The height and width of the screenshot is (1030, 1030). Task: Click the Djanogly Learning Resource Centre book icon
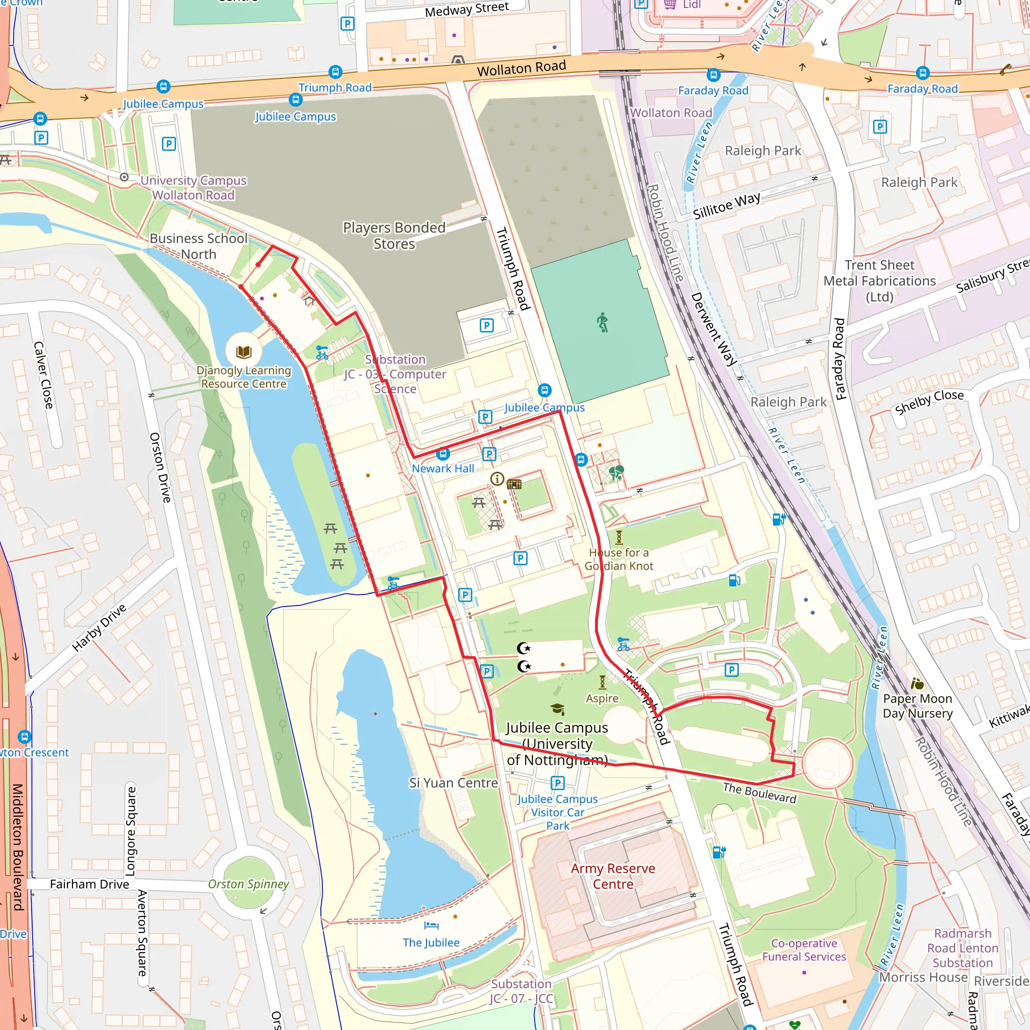243,352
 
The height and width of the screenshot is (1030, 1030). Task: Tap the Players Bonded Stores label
394,236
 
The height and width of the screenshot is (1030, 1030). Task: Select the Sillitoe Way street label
726,206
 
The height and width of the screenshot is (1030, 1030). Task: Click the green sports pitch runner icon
603,322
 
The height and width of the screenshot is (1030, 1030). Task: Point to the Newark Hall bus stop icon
443,454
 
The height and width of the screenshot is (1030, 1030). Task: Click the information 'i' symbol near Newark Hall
497,479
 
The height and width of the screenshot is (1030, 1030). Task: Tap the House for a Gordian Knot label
619,559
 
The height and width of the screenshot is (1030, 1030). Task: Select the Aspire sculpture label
602,698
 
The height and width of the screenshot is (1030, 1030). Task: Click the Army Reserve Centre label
613,876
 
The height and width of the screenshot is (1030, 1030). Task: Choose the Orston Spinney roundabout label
248,884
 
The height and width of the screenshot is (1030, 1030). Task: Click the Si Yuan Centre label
453,783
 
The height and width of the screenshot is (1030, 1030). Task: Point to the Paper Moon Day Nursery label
917,705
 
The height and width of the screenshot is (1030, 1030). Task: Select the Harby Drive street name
99,628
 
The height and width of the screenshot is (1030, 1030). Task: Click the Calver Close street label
44,375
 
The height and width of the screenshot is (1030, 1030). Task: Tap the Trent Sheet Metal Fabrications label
879,281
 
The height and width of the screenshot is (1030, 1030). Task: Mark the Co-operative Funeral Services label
804,950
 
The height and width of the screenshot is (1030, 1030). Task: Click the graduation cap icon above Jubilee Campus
557,709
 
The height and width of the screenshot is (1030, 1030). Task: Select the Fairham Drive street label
90,884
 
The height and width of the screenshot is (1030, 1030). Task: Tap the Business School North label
198,246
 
